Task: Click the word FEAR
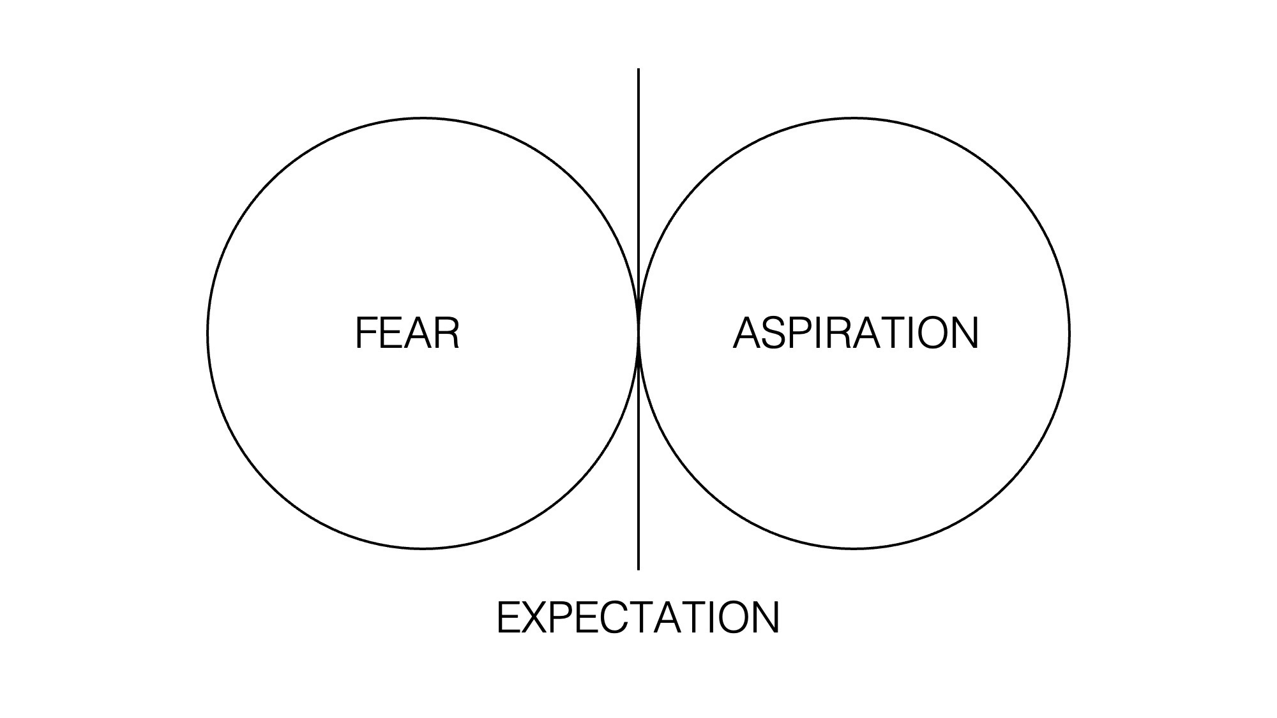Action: click(407, 333)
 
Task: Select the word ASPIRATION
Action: click(856, 333)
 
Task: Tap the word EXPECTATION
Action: click(638, 617)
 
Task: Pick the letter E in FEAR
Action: click(391, 333)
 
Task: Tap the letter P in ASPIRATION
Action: click(799, 333)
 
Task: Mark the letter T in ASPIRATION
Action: click(884, 333)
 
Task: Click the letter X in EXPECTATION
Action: click(536, 617)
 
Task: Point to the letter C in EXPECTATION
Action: click(608, 617)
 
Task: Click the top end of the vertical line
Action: click(638, 70)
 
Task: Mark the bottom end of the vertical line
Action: click(638, 569)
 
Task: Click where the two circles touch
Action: click(638, 333)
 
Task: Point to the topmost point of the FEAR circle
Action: click(423, 118)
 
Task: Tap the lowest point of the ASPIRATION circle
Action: click(854, 548)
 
